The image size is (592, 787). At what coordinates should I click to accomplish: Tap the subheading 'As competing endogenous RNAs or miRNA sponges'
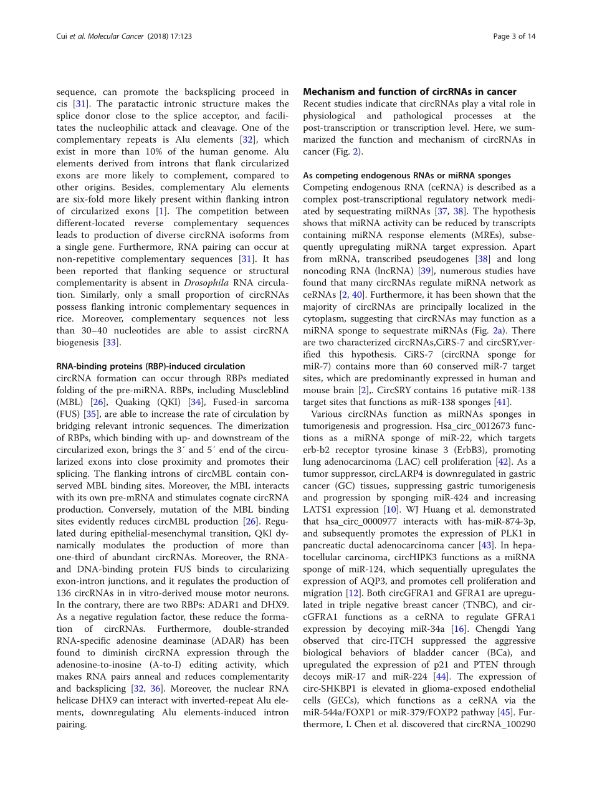click(x=407, y=176)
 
